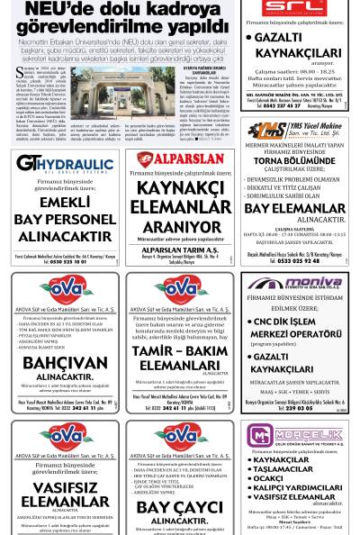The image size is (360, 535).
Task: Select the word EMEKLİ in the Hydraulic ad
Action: click(x=65, y=204)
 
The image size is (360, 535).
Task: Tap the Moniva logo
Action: click(x=294, y=284)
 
